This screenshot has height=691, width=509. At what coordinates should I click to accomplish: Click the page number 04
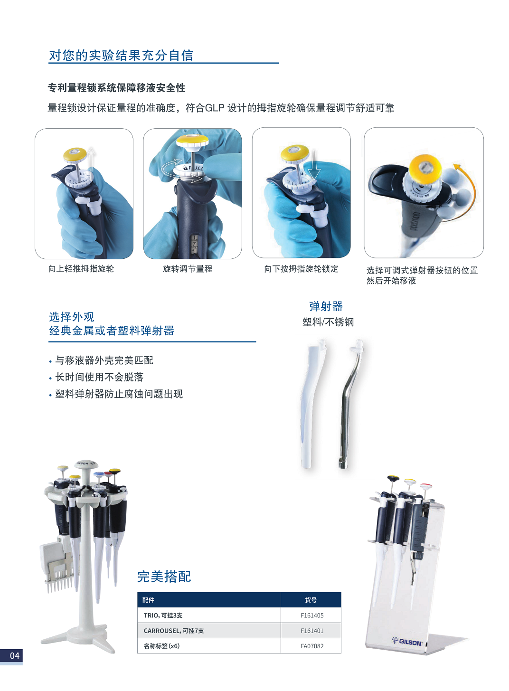click(15, 656)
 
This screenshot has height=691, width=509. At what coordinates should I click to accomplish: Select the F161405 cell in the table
click(312, 615)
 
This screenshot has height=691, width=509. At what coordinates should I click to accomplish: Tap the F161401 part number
click(312, 631)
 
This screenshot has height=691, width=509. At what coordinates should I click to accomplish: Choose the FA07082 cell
click(312, 646)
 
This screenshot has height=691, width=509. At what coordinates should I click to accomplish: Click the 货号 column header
click(311, 600)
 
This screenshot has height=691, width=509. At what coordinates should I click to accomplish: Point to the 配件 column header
click(148, 600)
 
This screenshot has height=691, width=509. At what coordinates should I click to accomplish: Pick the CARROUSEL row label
click(174, 631)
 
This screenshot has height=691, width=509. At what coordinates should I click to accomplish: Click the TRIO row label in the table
click(163, 615)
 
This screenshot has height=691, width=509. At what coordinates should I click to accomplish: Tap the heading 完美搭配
click(164, 577)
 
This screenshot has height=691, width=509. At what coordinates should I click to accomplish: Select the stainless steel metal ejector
click(351, 404)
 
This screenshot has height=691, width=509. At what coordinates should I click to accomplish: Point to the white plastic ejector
click(312, 404)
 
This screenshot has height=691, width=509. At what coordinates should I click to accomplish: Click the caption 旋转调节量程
click(188, 269)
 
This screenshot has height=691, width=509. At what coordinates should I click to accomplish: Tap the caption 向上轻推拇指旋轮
click(81, 269)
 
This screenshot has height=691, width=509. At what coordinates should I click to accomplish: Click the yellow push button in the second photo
click(192, 141)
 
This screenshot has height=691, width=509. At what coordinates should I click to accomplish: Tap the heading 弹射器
click(326, 306)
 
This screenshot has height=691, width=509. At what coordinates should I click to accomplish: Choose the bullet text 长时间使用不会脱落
click(99, 377)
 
